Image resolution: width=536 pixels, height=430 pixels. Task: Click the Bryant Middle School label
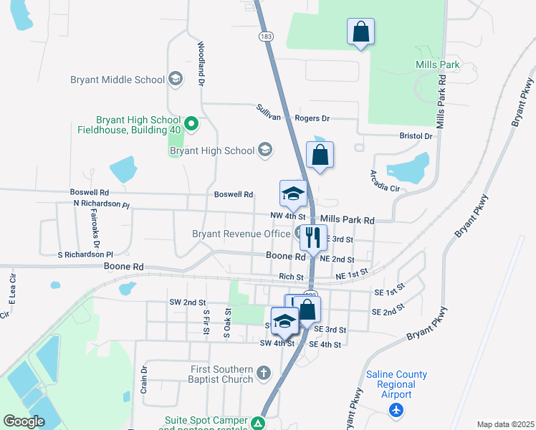[x=118, y=80]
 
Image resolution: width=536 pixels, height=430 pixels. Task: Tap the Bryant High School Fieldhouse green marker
[x=191, y=124]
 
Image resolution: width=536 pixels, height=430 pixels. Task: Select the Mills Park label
[x=437, y=64]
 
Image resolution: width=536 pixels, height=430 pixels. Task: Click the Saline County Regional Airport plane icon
[x=396, y=411]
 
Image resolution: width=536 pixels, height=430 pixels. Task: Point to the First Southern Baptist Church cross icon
[x=264, y=373]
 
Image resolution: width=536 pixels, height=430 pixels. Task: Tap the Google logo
[x=24, y=421]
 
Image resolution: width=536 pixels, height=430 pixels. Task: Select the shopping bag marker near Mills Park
[x=360, y=31]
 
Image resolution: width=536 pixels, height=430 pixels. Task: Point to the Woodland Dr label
[x=201, y=63]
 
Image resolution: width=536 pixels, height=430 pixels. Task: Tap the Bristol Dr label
[x=416, y=135]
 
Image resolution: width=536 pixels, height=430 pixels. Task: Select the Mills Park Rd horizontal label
[x=348, y=220]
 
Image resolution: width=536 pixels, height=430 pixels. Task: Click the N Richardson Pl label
[x=101, y=204]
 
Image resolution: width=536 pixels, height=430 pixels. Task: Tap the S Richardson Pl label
[x=85, y=254]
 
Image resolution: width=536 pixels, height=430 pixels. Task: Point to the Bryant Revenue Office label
[x=241, y=233]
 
